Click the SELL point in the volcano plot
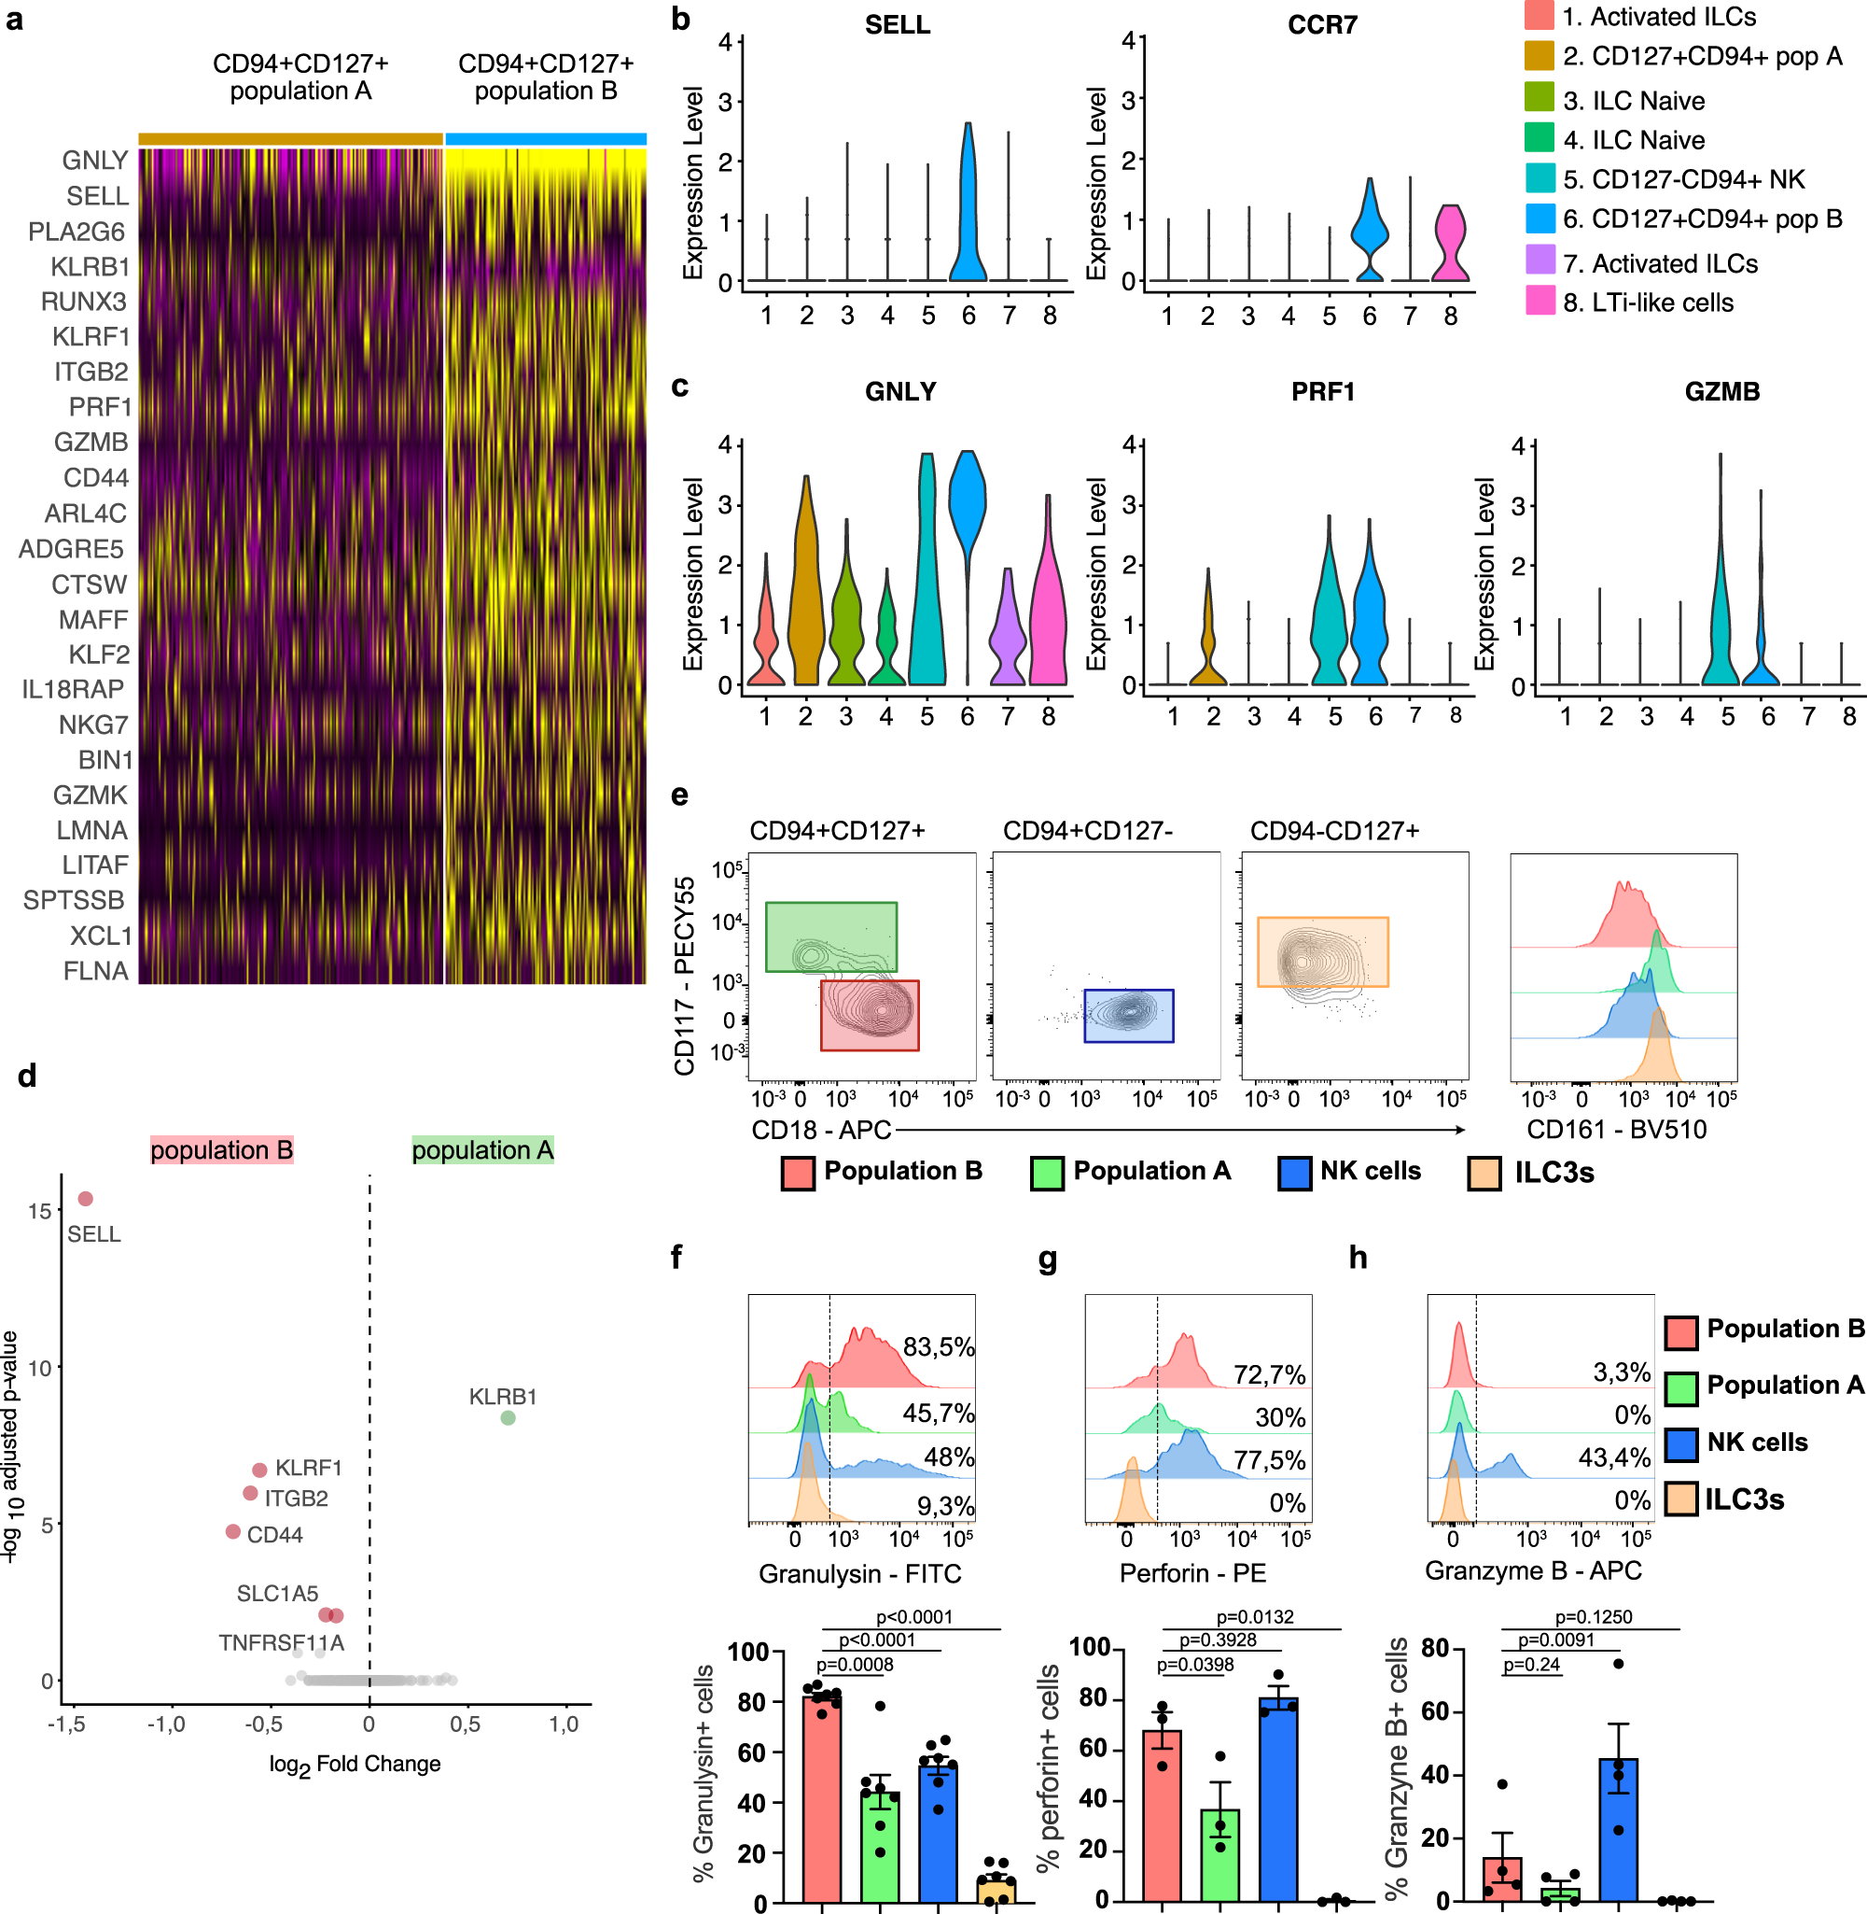[85, 1198]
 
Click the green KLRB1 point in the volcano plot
[508, 1416]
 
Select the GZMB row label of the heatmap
[91, 443]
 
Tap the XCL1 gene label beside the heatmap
[100, 936]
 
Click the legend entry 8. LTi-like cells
[1648, 303]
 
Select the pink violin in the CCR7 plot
[1449, 246]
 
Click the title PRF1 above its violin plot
[1322, 391]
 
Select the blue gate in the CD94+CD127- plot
[1128, 1016]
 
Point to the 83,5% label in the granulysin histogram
[938, 1347]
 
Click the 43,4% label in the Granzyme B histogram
[1613, 1457]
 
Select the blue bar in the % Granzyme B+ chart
[1618, 1829]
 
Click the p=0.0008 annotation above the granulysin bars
[854, 1664]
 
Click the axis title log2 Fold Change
[354, 1764]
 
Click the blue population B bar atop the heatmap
[545, 139]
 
